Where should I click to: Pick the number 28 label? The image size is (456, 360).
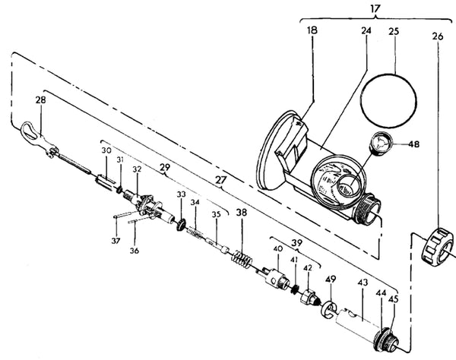point(40,99)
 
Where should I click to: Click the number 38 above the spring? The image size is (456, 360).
point(242,213)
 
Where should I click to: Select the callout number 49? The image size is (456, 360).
point(330,280)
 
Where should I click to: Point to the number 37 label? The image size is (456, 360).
point(116,242)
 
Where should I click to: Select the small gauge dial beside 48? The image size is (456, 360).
point(383,144)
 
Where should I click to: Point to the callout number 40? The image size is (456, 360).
point(278,249)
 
